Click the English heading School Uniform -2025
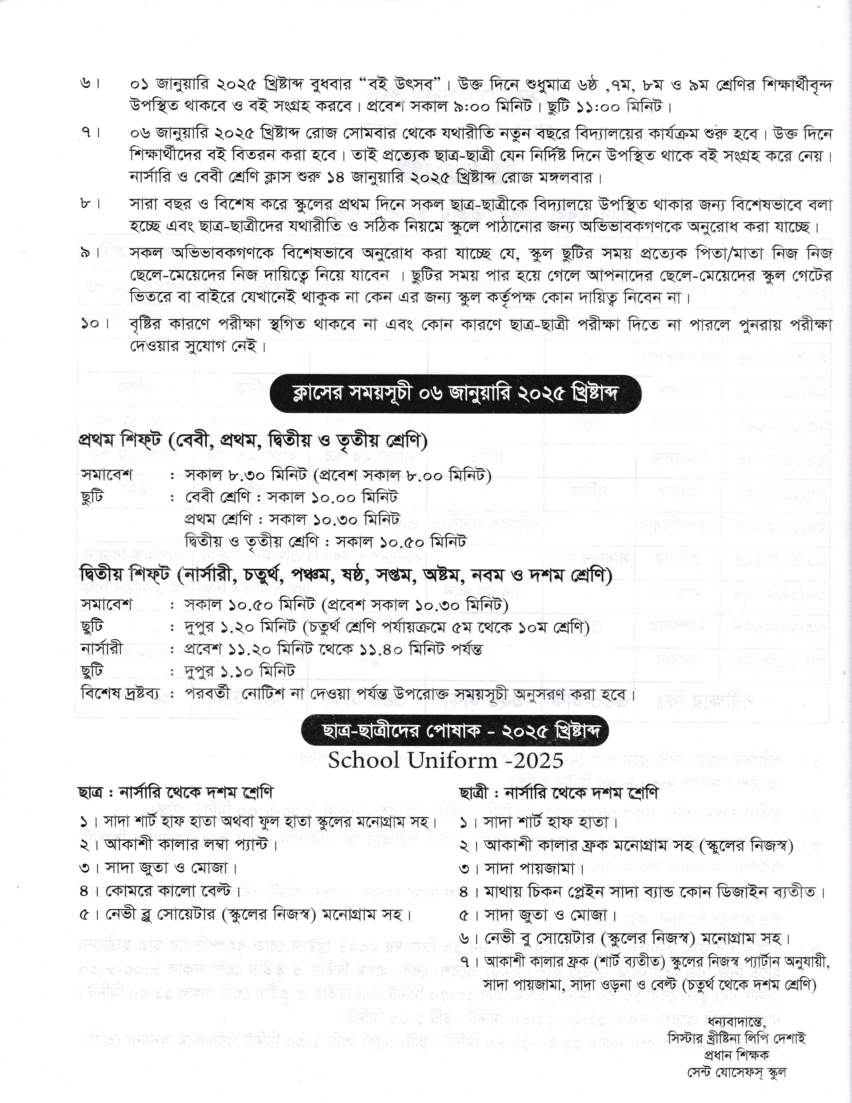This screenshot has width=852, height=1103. coord(446,760)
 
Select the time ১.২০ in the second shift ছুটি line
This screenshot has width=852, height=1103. coord(237,627)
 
